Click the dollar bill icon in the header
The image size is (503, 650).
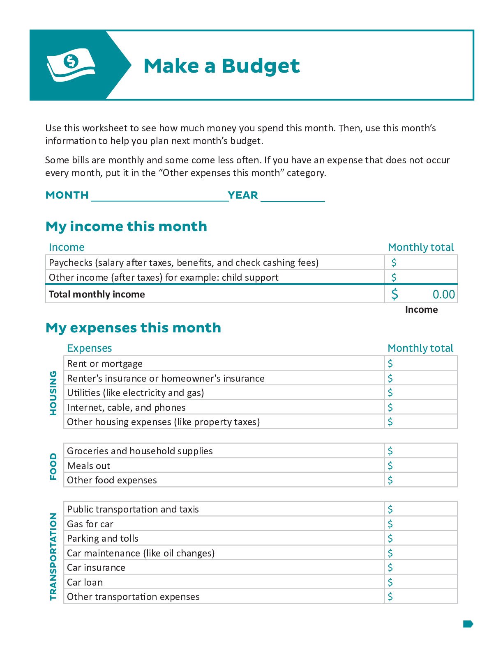click(71, 65)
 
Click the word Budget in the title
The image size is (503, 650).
click(261, 66)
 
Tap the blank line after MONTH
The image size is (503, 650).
click(159, 196)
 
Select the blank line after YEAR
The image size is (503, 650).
click(293, 196)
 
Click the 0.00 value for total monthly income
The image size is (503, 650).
click(443, 295)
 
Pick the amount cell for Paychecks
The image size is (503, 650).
click(421, 263)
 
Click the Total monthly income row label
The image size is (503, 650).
click(97, 295)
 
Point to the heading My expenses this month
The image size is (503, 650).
click(133, 328)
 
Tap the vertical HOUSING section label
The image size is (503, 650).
click(53, 393)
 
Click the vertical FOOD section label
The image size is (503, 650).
click(53, 466)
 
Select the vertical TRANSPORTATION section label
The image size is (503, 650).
click(53, 556)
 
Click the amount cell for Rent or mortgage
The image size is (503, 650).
click(421, 364)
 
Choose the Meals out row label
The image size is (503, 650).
click(88, 466)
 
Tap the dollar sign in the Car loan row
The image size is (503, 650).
click(390, 582)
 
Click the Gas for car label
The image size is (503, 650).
click(90, 524)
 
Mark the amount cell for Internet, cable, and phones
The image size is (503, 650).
click(421, 407)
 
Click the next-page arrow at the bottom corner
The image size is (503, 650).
click(468, 624)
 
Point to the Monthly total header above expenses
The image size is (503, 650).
click(420, 348)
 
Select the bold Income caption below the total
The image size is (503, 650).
click(421, 310)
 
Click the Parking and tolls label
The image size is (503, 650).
click(103, 538)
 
